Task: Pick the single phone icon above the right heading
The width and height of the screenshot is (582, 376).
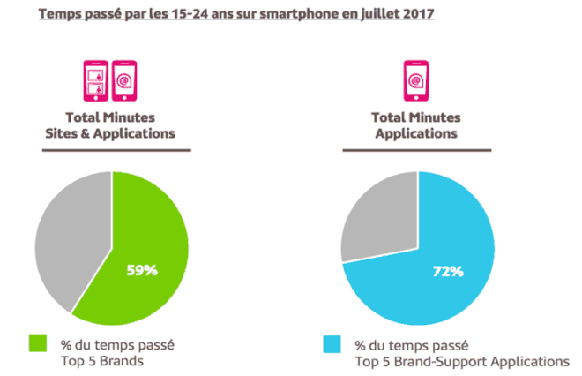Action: click(416, 80)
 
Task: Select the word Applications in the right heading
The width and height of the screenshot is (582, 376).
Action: click(416, 133)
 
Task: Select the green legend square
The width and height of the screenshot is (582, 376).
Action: click(37, 342)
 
